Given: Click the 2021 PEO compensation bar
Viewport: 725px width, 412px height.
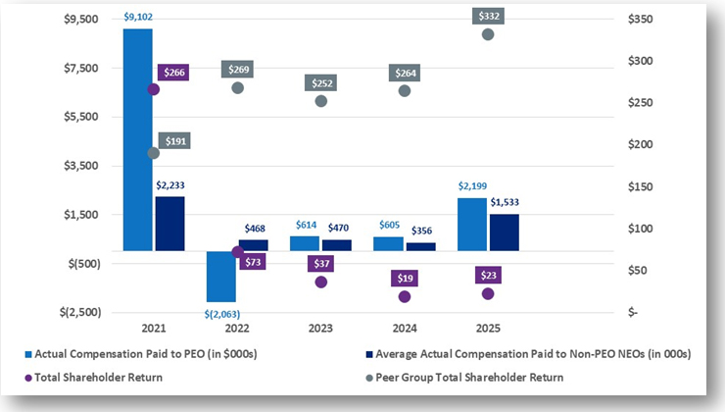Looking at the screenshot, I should click(x=138, y=137).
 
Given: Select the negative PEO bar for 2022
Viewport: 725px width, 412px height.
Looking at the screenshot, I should click(x=221, y=276).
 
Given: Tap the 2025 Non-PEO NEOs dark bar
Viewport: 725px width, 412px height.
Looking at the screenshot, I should click(x=504, y=232).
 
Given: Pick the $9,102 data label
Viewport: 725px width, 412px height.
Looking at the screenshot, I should click(x=137, y=16).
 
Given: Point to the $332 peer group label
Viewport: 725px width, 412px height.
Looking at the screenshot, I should click(x=488, y=16).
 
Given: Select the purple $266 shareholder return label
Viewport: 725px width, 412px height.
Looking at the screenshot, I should click(x=175, y=72).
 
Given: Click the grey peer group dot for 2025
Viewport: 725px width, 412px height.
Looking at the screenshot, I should click(x=488, y=34).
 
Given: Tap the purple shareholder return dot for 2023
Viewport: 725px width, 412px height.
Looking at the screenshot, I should click(x=320, y=282).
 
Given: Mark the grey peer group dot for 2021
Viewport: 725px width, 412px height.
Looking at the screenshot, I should click(x=153, y=153).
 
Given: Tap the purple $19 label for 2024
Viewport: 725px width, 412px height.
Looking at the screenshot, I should click(x=405, y=279).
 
